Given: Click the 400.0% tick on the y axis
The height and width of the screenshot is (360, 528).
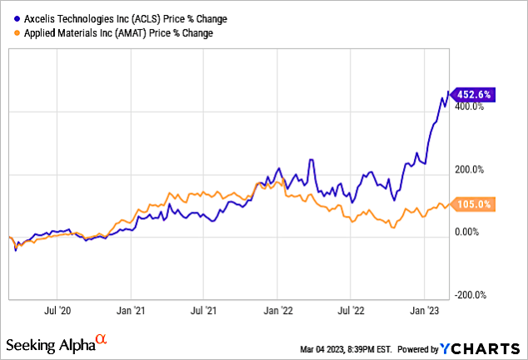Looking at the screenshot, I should tap(469, 107).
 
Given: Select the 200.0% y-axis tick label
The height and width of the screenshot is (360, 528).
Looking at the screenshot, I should tap(469, 169).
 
